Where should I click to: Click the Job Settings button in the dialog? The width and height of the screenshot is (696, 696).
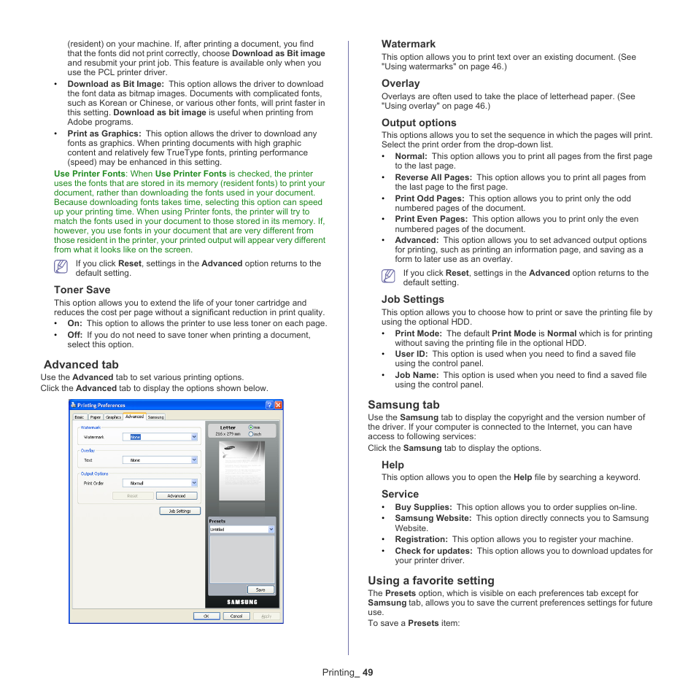click(x=179, y=511)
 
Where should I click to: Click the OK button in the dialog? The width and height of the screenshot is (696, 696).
click(x=206, y=616)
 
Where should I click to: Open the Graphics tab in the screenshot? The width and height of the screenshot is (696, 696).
click(x=113, y=417)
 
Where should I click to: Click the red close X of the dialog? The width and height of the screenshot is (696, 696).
click(x=278, y=405)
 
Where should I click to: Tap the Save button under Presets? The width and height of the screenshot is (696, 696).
click(x=260, y=589)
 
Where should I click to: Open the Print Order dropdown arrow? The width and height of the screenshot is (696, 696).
click(x=194, y=483)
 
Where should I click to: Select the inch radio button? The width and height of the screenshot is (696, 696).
click(x=250, y=433)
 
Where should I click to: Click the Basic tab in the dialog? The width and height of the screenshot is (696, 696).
click(x=80, y=417)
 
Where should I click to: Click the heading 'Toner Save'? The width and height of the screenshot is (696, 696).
click(x=82, y=290)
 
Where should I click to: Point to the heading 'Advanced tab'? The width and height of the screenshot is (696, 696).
click(x=81, y=364)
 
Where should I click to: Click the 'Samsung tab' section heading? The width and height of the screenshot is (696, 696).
click(x=403, y=404)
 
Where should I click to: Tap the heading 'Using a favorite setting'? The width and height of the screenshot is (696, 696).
click(x=430, y=581)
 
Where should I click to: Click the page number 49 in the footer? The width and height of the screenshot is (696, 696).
click(x=367, y=673)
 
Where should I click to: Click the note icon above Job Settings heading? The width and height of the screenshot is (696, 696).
click(x=387, y=277)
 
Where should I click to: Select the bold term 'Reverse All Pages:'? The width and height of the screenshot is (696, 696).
click(x=433, y=177)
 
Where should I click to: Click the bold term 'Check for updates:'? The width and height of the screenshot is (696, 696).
click(x=433, y=551)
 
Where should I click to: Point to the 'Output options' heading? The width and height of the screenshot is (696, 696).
click(x=419, y=123)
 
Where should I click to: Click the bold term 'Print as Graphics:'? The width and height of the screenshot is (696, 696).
click(x=104, y=134)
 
